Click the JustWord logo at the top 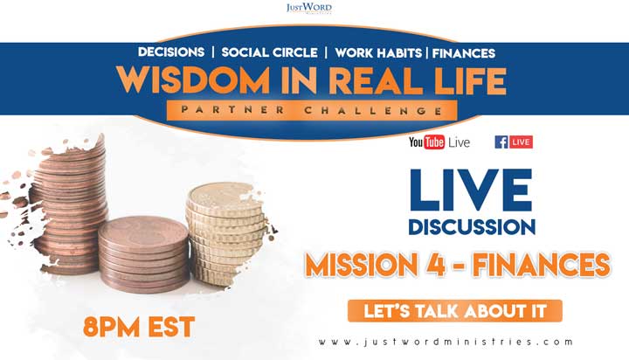(309, 8)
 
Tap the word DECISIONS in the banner (171, 52)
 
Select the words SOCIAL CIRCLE (270, 52)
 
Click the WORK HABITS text (378, 53)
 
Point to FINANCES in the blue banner (464, 53)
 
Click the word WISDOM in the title (193, 80)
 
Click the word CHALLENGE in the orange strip (374, 110)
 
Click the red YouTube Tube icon (434, 142)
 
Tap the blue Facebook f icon (501, 142)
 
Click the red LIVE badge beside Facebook (521, 142)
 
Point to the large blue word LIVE (471, 190)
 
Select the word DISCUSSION (472, 227)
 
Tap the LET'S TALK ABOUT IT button (455, 311)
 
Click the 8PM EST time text (139, 327)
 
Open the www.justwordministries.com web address (446, 342)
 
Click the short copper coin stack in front (144, 254)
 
